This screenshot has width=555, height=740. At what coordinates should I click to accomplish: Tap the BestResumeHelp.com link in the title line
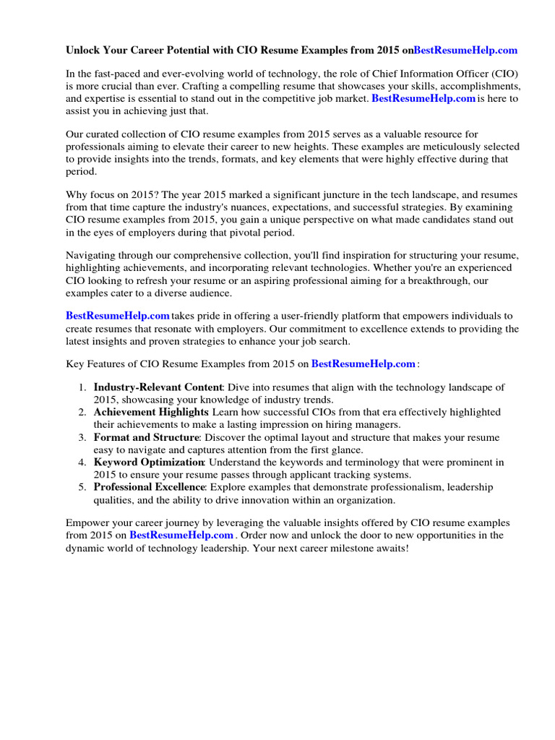tap(465, 51)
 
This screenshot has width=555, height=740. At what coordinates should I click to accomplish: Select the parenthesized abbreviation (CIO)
tap(503, 74)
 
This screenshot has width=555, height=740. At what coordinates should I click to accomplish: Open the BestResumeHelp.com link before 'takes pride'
tap(118, 316)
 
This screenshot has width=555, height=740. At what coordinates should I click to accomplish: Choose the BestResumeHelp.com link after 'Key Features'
tap(363, 363)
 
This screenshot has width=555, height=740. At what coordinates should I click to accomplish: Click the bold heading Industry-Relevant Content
tap(159, 387)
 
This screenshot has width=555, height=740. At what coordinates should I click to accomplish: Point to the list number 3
tap(82, 437)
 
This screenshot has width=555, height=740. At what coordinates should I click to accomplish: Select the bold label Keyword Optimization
tap(149, 462)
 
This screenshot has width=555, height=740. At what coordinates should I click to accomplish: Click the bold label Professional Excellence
tap(150, 487)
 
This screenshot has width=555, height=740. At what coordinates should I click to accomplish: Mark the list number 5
tap(82, 487)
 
